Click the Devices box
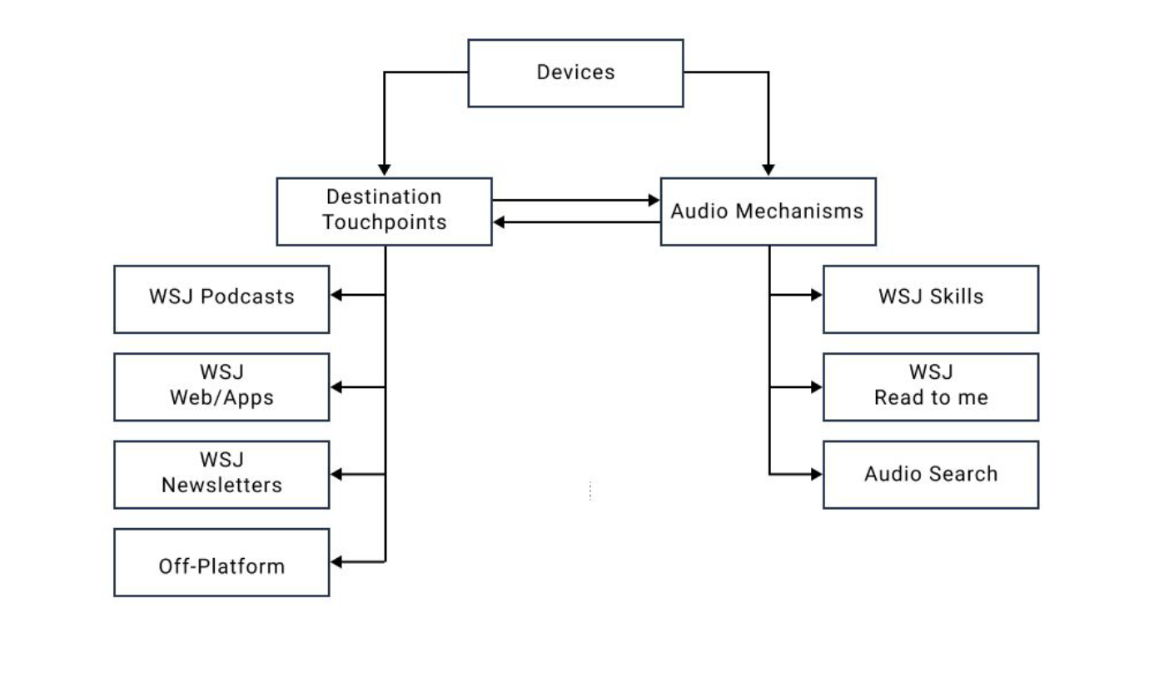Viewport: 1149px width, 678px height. [x=575, y=73]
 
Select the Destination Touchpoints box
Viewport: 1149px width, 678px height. [x=384, y=211]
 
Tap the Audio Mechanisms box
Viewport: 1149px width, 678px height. [x=768, y=212]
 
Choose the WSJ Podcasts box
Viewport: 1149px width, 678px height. [x=221, y=298]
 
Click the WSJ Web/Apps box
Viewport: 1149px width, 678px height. [x=221, y=386]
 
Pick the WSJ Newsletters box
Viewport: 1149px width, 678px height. [x=221, y=474]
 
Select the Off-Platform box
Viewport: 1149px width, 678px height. [x=221, y=562]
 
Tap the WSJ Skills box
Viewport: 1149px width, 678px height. [x=930, y=298]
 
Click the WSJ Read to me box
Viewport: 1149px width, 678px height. [x=930, y=386]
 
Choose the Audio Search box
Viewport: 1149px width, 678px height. [x=930, y=474]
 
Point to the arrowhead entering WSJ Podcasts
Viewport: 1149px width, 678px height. [x=337, y=294]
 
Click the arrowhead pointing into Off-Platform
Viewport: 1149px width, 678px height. [x=337, y=562]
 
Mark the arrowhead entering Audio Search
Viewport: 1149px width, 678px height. [x=816, y=475]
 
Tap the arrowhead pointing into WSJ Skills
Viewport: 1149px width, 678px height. [x=816, y=295]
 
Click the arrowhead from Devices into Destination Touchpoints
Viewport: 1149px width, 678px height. [x=384, y=170]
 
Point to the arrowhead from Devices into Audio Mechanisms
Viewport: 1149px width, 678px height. [x=768, y=170]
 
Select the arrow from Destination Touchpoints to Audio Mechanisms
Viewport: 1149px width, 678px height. [x=575, y=201]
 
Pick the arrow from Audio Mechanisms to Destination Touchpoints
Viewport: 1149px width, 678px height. [x=575, y=222]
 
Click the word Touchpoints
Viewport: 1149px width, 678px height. [x=385, y=223]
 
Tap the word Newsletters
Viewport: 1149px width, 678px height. [x=221, y=486]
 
